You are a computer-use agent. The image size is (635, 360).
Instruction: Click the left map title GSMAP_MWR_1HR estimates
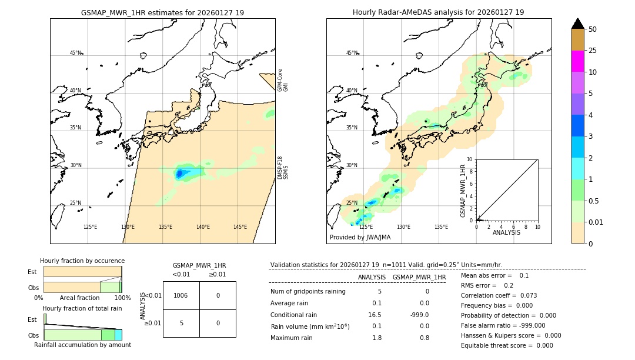click(x=162, y=12)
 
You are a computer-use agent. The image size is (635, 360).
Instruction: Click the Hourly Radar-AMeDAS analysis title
click(x=438, y=12)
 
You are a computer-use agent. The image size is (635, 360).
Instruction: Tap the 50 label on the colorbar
click(x=593, y=29)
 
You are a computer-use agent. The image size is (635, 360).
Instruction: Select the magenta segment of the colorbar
click(x=577, y=61)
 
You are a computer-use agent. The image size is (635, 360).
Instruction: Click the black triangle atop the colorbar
click(x=577, y=24)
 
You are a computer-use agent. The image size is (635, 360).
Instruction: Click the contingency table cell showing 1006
click(x=181, y=295)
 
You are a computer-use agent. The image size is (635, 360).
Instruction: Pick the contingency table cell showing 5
click(x=181, y=323)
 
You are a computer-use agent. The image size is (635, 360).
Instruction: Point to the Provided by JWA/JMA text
click(x=360, y=238)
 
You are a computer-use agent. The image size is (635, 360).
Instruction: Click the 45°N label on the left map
click(x=75, y=53)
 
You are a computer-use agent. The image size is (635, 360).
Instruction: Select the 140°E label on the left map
click(x=203, y=227)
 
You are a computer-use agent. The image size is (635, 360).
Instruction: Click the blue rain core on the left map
click(x=180, y=174)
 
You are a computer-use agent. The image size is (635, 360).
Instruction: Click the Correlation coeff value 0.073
click(x=525, y=295)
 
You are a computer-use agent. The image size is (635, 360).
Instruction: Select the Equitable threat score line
click(x=507, y=345)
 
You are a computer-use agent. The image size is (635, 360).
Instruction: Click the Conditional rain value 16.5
click(x=375, y=315)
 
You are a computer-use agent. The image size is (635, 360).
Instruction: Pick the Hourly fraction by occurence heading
click(x=82, y=261)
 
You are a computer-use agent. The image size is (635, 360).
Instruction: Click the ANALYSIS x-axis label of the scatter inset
click(x=507, y=232)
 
